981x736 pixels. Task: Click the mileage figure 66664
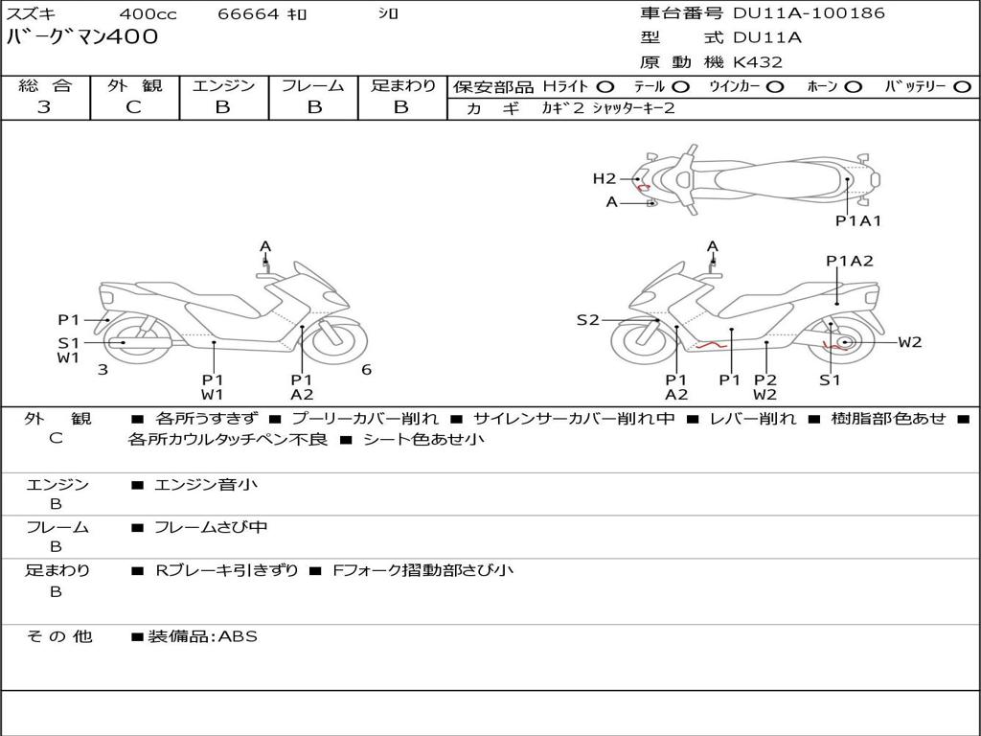249,14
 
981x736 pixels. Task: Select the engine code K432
758,62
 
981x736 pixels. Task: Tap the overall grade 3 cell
44,107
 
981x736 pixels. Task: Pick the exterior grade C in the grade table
134,107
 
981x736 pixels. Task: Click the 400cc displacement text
148,14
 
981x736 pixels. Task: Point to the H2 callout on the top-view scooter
604,178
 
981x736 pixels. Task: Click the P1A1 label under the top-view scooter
857,220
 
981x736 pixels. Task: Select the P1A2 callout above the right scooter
850,261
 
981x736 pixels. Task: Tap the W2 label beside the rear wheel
909,342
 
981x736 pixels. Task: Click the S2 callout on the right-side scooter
587,320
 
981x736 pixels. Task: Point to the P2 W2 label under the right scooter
764,386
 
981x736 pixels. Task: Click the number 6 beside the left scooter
366,370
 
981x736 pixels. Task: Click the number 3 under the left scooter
103,370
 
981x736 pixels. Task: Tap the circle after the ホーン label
854,86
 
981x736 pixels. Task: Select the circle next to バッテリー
962,86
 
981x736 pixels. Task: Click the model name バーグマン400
82,37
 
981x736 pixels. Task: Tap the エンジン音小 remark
206,485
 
